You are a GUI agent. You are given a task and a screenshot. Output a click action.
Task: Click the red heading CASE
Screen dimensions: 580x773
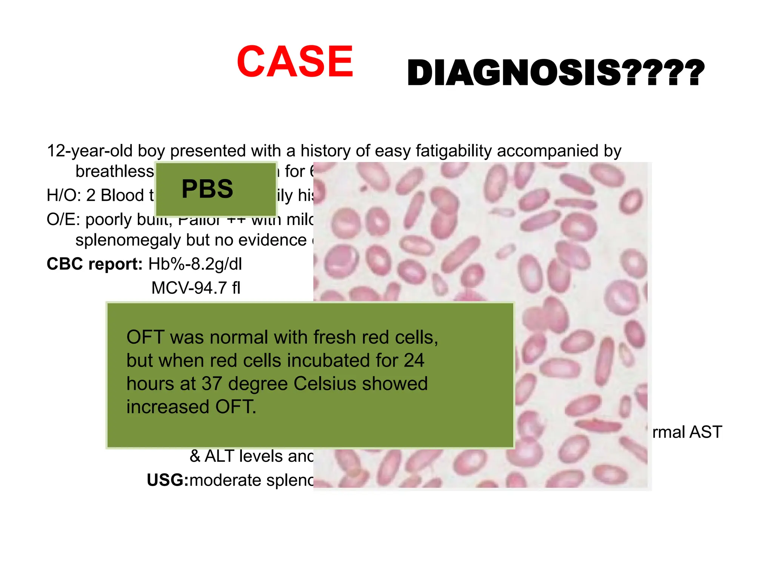pyautogui.click(x=295, y=62)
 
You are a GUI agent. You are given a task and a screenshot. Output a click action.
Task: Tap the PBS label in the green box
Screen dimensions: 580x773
pyautogui.click(x=207, y=189)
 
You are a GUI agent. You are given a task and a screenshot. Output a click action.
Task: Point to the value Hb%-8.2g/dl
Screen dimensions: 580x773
pyautogui.click(x=195, y=264)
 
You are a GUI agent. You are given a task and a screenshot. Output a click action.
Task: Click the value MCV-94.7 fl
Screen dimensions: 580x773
pyautogui.click(x=196, y=288)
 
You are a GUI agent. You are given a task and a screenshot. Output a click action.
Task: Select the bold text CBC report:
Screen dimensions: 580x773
pyautogui.click(x=94, y=264)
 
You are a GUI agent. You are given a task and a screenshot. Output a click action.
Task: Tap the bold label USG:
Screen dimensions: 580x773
pyautogui.click(x=167, y=480)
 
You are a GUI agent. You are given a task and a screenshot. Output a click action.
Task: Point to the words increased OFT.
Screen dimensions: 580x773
pyautogui.click(x=191, y=407)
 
